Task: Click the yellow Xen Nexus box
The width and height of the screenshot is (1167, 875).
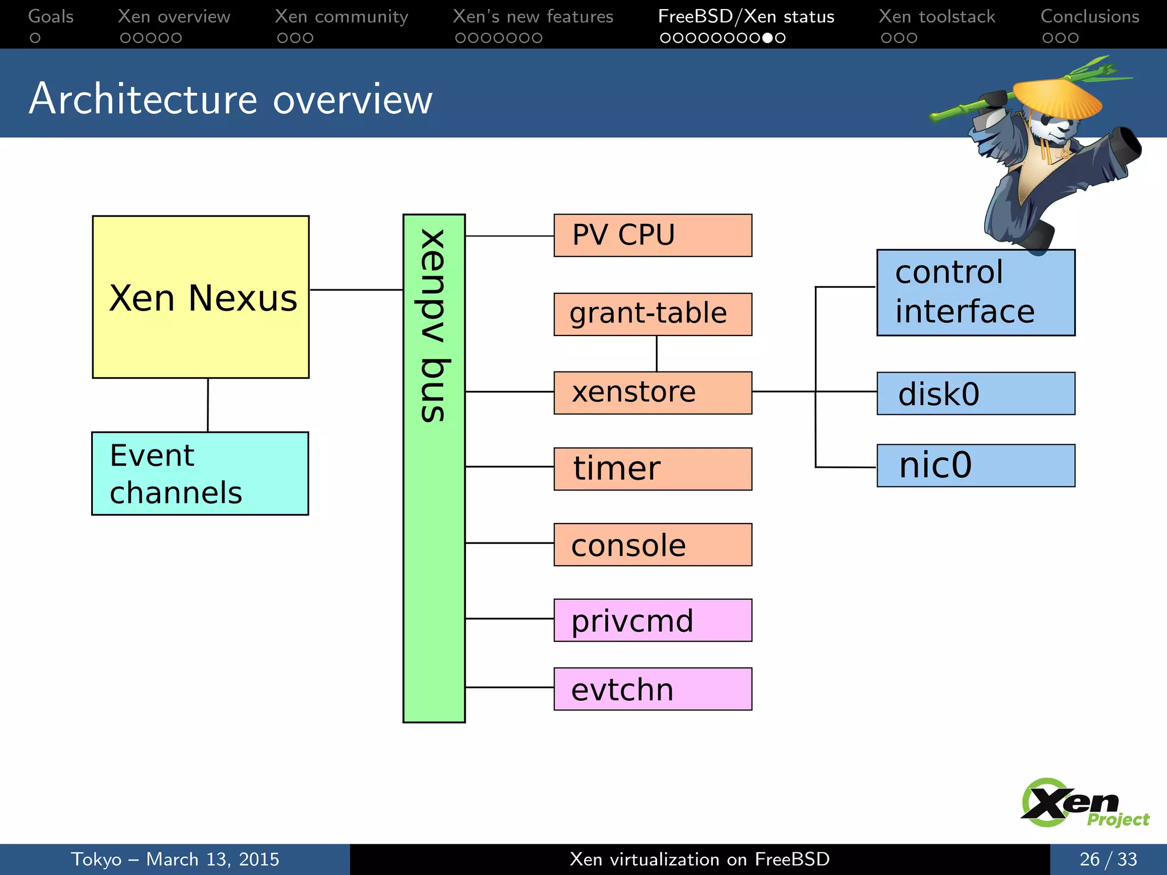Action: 201,297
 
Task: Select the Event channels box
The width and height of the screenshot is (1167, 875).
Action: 200,473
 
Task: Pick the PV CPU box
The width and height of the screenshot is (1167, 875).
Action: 652,235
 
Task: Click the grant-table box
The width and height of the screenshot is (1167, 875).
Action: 652,314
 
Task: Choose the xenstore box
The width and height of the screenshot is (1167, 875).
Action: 652,392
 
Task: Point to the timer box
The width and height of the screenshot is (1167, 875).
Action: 652,469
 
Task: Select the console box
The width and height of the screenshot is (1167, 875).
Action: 652,545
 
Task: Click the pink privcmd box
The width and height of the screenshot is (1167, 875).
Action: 652,620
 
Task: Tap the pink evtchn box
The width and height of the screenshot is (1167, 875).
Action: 652,689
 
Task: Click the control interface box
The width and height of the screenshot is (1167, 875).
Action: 976,293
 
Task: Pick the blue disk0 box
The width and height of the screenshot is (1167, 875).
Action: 976,394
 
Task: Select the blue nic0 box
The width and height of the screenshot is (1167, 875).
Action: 976,465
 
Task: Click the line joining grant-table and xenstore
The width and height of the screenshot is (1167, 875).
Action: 656,354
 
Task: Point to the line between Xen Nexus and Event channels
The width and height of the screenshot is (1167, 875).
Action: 208,405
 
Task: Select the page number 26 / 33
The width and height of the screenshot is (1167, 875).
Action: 1108,859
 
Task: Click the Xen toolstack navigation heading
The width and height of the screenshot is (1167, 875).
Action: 936,17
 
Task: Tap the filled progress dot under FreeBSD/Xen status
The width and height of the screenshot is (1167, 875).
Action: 768,38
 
